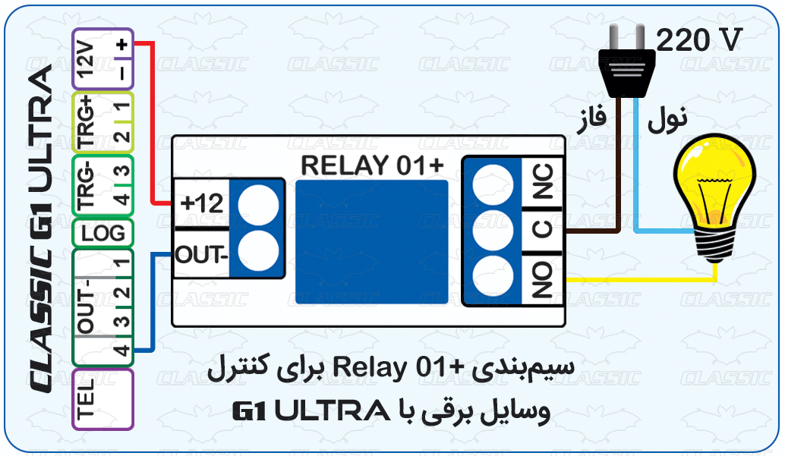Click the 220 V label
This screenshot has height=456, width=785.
tap(697, 39)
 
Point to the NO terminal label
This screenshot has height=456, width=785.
tap(543, 279)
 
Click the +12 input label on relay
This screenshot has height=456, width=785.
tap(201, 203)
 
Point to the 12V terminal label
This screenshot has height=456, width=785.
tap(86, 59)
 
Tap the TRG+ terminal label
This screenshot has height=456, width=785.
tap(87, 121)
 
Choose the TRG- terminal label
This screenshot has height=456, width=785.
tap(87, 185)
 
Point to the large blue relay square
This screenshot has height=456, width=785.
tap(371, 242)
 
